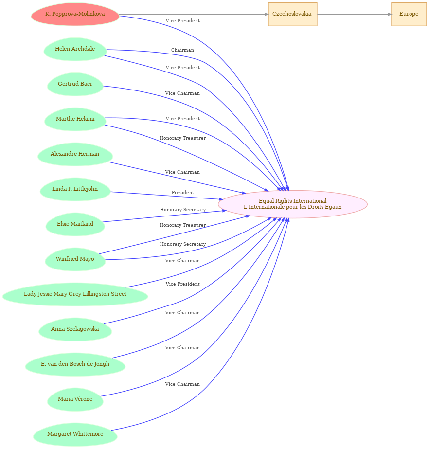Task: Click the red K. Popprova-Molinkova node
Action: tap(75, 14)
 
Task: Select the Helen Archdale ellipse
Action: tap(75, 49)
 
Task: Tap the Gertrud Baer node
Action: tap(75, 84)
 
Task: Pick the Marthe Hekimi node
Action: tap(75, 119)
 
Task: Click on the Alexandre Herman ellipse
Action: tap(75, 154)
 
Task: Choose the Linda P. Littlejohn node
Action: tap(75, 189)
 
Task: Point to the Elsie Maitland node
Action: tap(75, 224)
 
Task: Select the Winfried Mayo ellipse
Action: tap(75, 259)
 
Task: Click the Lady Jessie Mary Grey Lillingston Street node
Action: tap(75, 294)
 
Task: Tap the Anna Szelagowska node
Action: tap(75, 329)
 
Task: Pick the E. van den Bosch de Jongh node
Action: tap(75, 364)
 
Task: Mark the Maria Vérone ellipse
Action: tap(75, 399)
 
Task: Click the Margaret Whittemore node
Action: tap(75, 434)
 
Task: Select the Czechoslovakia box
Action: tap(292, 14)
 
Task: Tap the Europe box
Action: tap(409, 14)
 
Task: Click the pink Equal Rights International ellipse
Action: tap(292, 204)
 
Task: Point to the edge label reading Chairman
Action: tap(182, 50)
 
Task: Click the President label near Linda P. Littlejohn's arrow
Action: tap(183, 193)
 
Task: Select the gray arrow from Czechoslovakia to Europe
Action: tap(354, 14)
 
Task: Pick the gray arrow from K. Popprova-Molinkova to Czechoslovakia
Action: tap(194, 14)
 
